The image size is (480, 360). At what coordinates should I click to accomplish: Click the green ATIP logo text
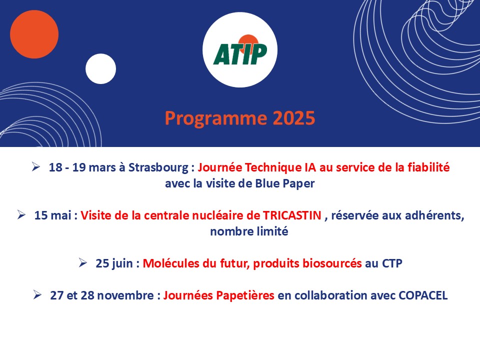(240, 54)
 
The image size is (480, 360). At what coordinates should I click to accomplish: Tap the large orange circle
(34, 34)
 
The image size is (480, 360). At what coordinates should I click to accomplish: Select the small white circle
(100, 69)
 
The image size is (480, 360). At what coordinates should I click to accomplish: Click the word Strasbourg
(158, 168)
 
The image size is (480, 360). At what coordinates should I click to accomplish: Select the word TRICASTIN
(292, 215)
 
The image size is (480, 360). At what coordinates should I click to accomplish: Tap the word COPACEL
(423, 295)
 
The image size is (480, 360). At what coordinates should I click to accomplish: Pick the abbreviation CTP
(392, 263)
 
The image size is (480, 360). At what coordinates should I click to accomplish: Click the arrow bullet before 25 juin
(82, 262)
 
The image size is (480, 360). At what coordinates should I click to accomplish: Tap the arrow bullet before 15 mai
(21, 214)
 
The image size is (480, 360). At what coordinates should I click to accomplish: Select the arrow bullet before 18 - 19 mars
(36, 167)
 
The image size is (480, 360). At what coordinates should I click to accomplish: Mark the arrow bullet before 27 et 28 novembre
(37, 295)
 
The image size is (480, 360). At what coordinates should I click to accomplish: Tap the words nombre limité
(249, 231)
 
